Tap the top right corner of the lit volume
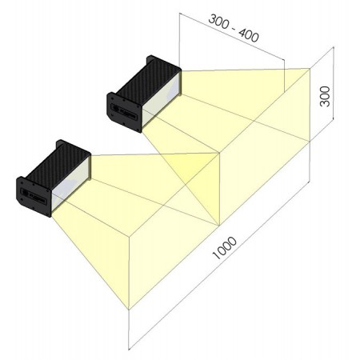[x=310, y=69]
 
